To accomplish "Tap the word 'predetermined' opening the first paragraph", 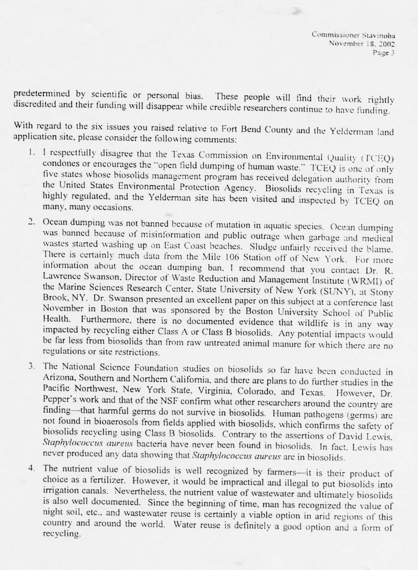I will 42,94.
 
